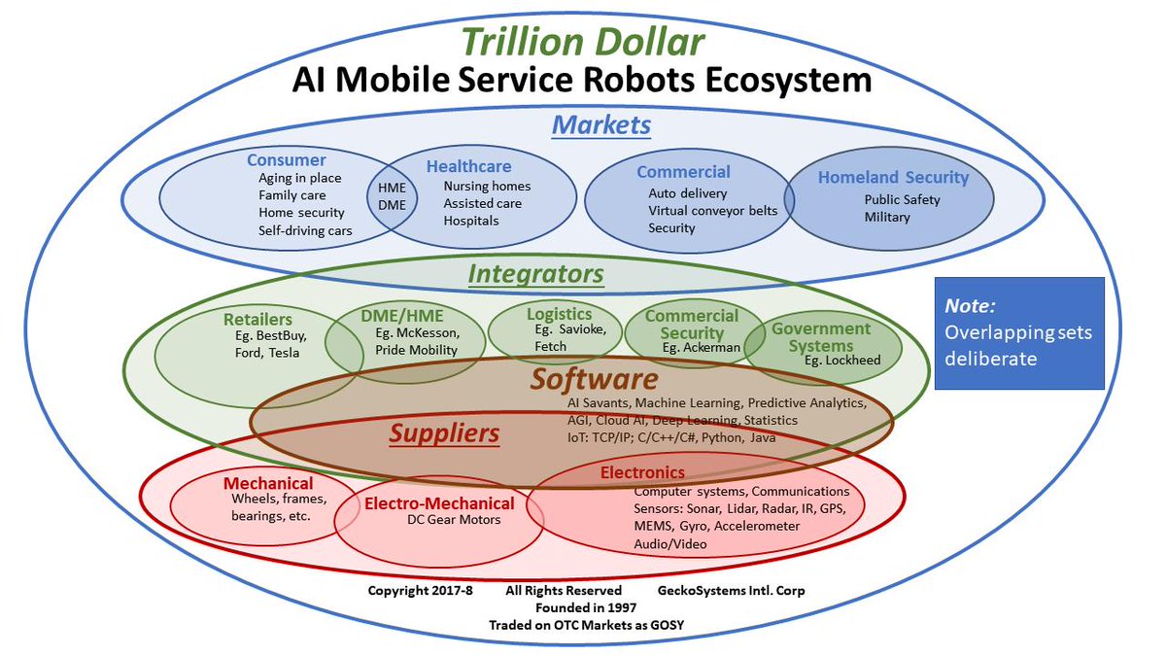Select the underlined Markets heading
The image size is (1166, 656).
(x=601, y=125)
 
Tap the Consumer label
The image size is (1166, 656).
(x=286, y=160)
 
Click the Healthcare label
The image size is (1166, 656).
(x=468, y=167)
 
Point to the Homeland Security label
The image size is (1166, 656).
(x=893, y=178)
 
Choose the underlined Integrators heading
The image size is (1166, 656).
(x=535, y=275)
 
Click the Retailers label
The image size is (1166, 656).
(x=257, y=319)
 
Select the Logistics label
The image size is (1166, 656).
(x=559, y=314)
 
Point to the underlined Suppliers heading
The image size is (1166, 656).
(x=444, y=433)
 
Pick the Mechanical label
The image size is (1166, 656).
(x=268, y=483)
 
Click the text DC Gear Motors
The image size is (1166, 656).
(x=454, y=520)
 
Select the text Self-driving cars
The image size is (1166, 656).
(x=305, y=230)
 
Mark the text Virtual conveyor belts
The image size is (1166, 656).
(x=712, y=211)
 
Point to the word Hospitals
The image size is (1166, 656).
(x=471, y=221)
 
